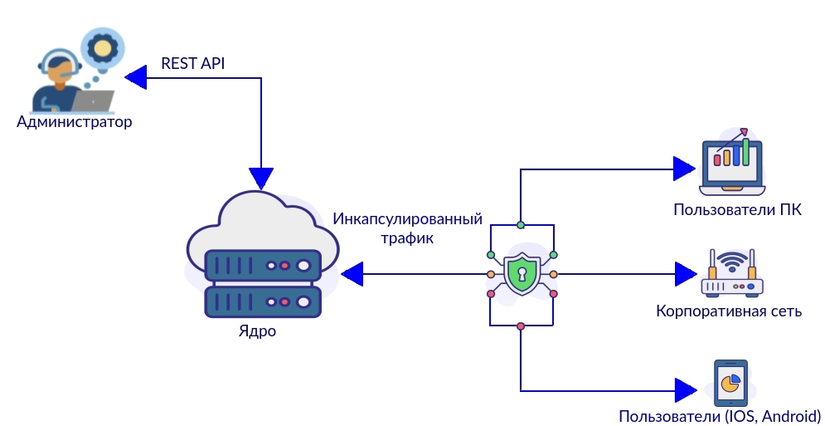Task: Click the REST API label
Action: click(192, 63)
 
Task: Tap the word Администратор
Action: click(75, 122)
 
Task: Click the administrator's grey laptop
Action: click(93, 100)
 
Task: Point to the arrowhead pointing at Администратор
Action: click(136, 78)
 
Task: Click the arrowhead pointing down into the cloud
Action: click(261, 177)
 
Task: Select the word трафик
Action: click(407, 237)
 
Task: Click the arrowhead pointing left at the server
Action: click(353, 273)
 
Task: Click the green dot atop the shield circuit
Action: click(521, 224)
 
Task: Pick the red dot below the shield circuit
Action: click(521, 326)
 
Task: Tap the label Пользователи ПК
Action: click(737, 208)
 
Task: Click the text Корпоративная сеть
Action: click(729, 311)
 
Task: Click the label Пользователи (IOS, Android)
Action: click(720, 415)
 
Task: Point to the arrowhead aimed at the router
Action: click(685, 272)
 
